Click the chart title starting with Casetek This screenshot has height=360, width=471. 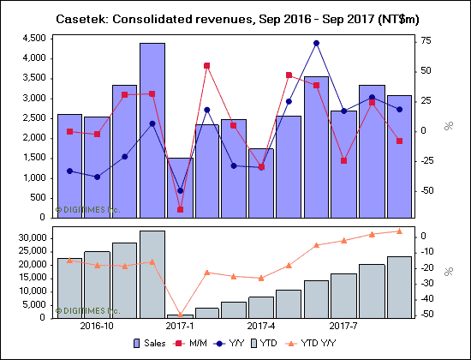click(235, 18)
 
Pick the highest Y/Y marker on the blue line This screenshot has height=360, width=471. click(316, 43)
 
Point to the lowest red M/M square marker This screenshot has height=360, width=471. click(180, 209)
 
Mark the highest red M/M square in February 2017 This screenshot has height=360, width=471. click(207, 65)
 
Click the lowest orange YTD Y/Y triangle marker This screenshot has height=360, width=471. click(180, 315)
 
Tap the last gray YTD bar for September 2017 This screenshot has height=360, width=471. click(399, 287)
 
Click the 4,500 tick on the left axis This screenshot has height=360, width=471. click(33, 38)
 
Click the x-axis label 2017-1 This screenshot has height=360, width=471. click(180, 326)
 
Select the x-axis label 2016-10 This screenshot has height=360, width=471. click(98, 326)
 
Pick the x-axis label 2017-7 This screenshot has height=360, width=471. click(344, 326)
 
